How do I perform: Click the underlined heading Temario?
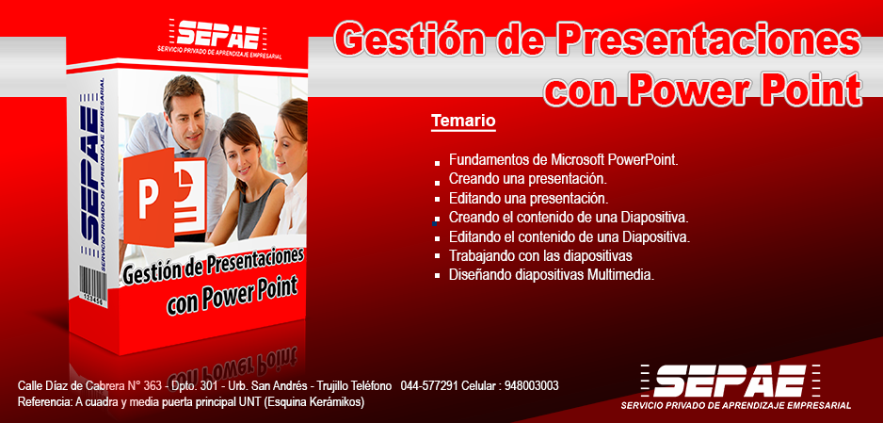click(463, 121)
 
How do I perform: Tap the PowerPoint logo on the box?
click(165, 197)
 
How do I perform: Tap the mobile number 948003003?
click(532, 386)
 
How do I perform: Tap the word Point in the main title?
click(799, 88)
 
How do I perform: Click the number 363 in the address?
click(153, 386)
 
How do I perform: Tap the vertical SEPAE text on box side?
click(89, 175)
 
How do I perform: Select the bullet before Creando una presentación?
click(438, 183)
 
